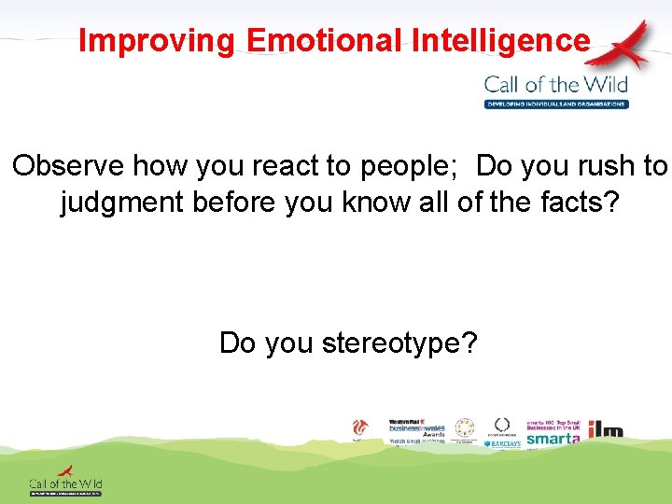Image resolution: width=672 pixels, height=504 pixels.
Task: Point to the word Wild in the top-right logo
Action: click(x=605, y=84)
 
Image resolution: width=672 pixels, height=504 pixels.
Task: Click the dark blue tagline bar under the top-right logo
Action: click(x=556, y=104)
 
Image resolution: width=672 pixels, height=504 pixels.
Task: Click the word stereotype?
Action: click(x=399, y=343)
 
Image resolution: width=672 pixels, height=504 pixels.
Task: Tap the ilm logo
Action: click(x=604, y=430)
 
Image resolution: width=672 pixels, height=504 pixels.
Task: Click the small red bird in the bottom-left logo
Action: click(x=65, y=471)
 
